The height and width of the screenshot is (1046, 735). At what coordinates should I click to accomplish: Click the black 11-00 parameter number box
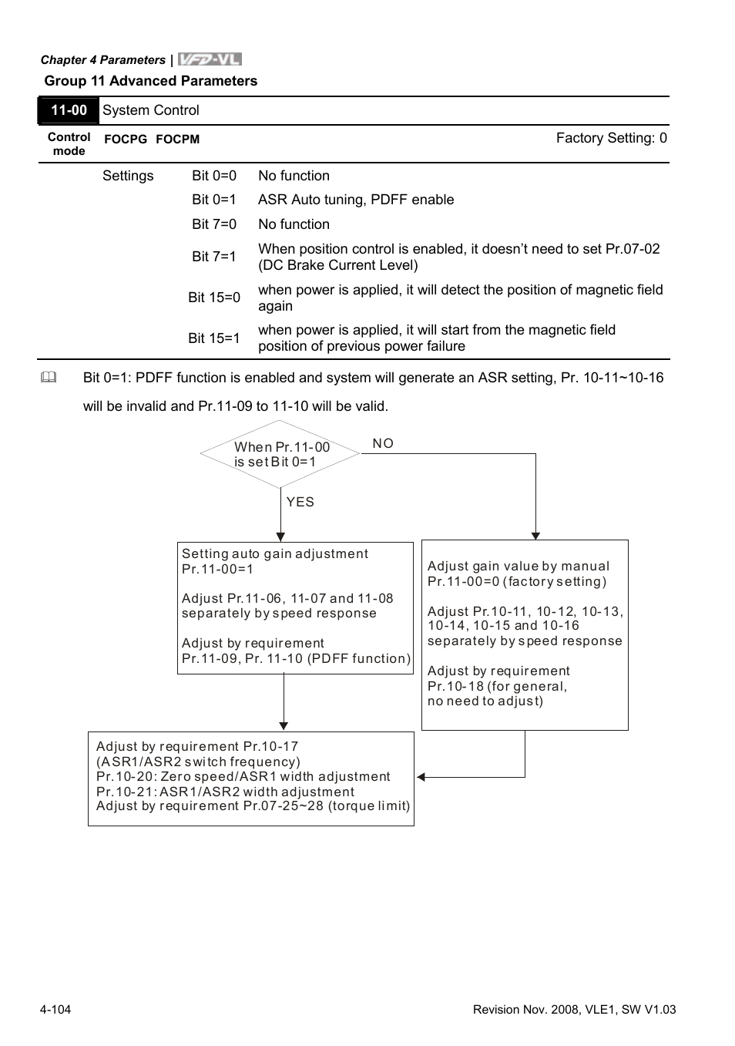tap(69, 110)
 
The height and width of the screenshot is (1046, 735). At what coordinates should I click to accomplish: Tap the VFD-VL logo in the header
tap(210, 59)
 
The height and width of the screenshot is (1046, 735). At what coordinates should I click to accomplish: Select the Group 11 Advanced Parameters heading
tap(151, 81)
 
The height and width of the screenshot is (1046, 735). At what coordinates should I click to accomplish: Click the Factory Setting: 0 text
tap(611, 138)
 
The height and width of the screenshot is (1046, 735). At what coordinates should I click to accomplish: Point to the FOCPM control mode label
tap(177, 140)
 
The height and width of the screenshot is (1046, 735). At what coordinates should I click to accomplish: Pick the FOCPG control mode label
tap(125, 140)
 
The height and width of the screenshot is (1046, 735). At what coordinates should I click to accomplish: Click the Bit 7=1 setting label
tap(214, 257)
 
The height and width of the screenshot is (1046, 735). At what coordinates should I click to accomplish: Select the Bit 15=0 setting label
tap(214, 298)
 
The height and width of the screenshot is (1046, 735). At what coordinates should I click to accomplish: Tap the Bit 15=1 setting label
tap(214, 338)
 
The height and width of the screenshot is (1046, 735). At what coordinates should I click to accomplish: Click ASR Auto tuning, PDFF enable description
tap(356, 200)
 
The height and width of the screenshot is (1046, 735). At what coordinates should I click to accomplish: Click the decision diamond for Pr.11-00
tap(280, 454)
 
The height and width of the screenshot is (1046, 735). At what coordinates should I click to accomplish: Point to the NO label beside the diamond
tap(383, 443)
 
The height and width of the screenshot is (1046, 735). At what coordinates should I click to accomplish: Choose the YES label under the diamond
tap(300, 502)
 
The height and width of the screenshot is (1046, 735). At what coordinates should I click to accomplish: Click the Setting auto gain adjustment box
tap(295, 608)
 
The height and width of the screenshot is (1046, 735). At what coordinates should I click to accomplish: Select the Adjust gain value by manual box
tap(525, 634)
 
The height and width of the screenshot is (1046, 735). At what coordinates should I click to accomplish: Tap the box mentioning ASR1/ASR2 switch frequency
tap(251, 778)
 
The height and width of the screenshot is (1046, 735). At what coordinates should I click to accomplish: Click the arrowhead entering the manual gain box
tap(535, 536)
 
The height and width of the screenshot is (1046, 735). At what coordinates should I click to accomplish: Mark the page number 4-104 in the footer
tap(55, 1009)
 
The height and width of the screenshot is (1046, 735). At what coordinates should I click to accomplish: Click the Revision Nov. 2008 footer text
tap(574, 1009)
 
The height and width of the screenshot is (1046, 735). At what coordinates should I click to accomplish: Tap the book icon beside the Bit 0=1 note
tap(49, 378)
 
